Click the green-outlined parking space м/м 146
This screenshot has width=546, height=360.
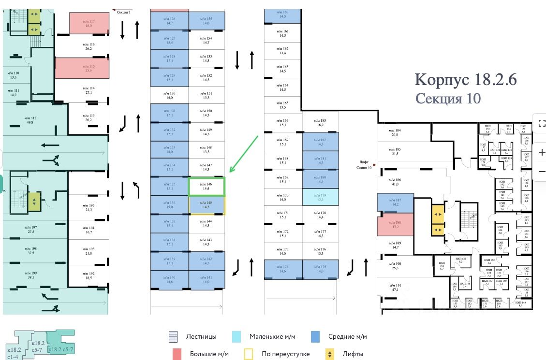pos(207,187)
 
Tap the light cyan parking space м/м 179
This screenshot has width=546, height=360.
pos(321,197)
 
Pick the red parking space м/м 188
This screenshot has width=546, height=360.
pos(395,224)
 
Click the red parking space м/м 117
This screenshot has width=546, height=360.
pos(89,23)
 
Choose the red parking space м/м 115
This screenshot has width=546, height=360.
pos(82,68)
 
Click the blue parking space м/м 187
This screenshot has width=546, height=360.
pos(395,203)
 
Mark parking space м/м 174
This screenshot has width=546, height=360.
pos(283,269)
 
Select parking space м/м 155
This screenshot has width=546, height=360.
pos(207,21)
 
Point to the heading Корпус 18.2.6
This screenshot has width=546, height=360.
pos(466,79)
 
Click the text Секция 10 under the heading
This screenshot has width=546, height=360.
pos(448,99)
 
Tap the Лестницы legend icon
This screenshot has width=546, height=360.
pos(174,337)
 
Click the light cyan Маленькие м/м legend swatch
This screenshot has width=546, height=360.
pos(236,337)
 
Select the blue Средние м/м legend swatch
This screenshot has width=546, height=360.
pos(316,337)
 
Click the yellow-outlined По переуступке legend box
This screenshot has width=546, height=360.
pos(249,354)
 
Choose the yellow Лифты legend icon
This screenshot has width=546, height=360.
pos(329,354)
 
